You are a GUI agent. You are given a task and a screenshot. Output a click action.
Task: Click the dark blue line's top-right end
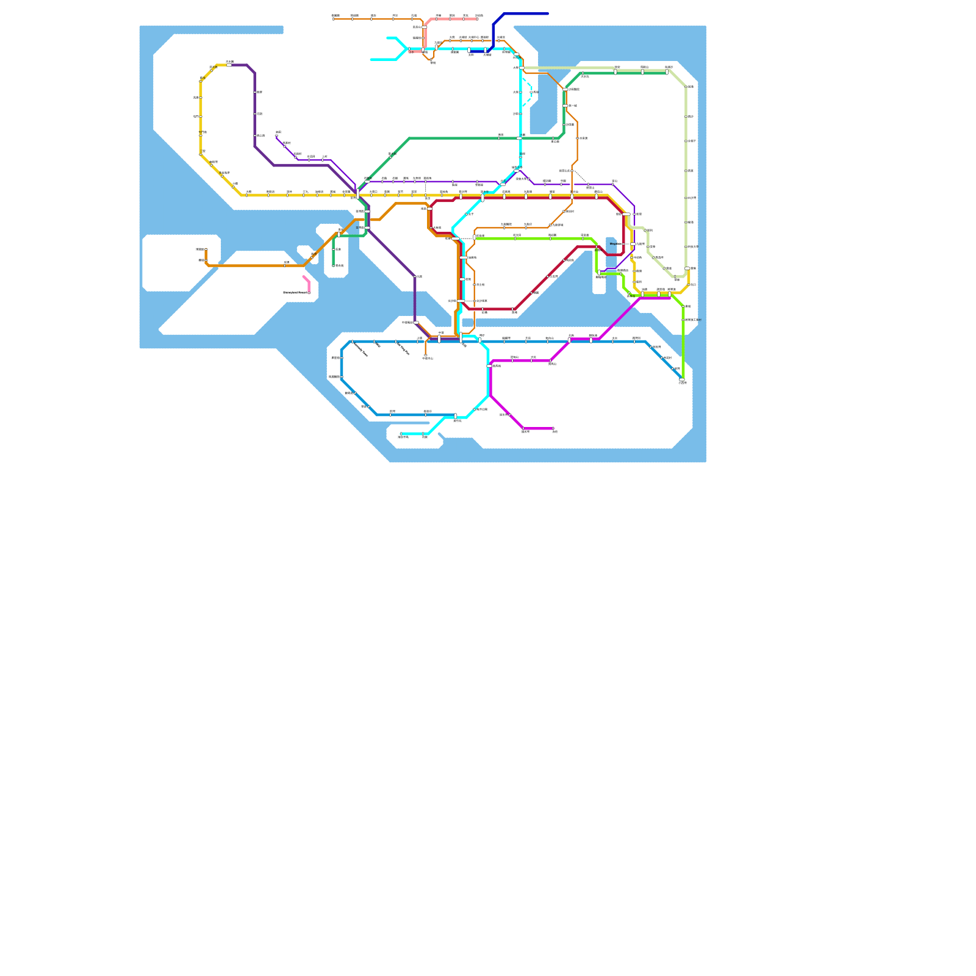click(548, 13)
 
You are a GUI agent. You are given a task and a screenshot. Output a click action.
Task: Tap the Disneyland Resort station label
click(296, 293)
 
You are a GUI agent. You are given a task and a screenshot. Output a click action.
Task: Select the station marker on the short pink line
click(309, 293)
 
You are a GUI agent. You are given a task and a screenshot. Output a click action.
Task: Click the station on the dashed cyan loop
click(531, 92)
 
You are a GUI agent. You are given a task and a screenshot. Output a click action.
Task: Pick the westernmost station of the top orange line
click(334, 19)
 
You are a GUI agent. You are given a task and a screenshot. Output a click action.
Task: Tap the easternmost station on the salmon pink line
click(477, 19)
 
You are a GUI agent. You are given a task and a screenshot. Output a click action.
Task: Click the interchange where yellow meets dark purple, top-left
click(229, 65)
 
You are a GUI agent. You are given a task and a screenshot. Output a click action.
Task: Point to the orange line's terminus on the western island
click(206, 249)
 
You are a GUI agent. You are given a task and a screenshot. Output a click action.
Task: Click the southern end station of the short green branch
click(334, 265)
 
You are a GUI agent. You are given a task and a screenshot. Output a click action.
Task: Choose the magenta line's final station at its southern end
click(553, 428)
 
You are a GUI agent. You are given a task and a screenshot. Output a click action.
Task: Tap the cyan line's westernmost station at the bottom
click(401, 434)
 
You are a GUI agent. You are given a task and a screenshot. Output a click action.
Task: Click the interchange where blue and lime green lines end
click(682, 380)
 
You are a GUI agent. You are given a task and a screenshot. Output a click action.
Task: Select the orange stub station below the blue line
click(426, 355)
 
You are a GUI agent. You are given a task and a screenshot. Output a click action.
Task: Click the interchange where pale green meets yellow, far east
click(687, 268)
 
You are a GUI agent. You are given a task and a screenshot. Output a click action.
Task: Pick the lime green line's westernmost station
click(475, 237)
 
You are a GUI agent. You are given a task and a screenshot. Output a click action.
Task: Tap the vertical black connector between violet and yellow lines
click(426, 188)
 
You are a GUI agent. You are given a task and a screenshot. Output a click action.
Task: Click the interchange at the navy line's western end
click(470, 51)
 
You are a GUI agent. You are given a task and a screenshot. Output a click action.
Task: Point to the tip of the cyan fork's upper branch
click(388, 38)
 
